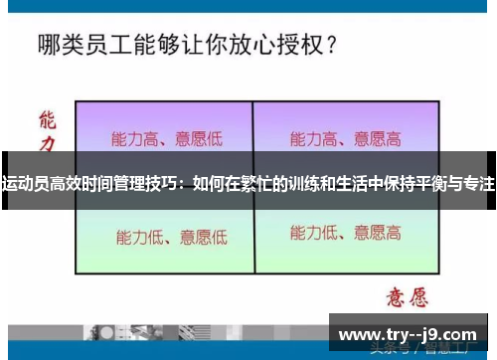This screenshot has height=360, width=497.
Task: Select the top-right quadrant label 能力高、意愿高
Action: coord(345,138)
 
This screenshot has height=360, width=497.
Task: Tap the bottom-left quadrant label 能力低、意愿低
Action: coord(171,237)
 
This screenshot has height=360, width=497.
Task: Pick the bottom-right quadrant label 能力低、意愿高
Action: coord(345,234)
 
